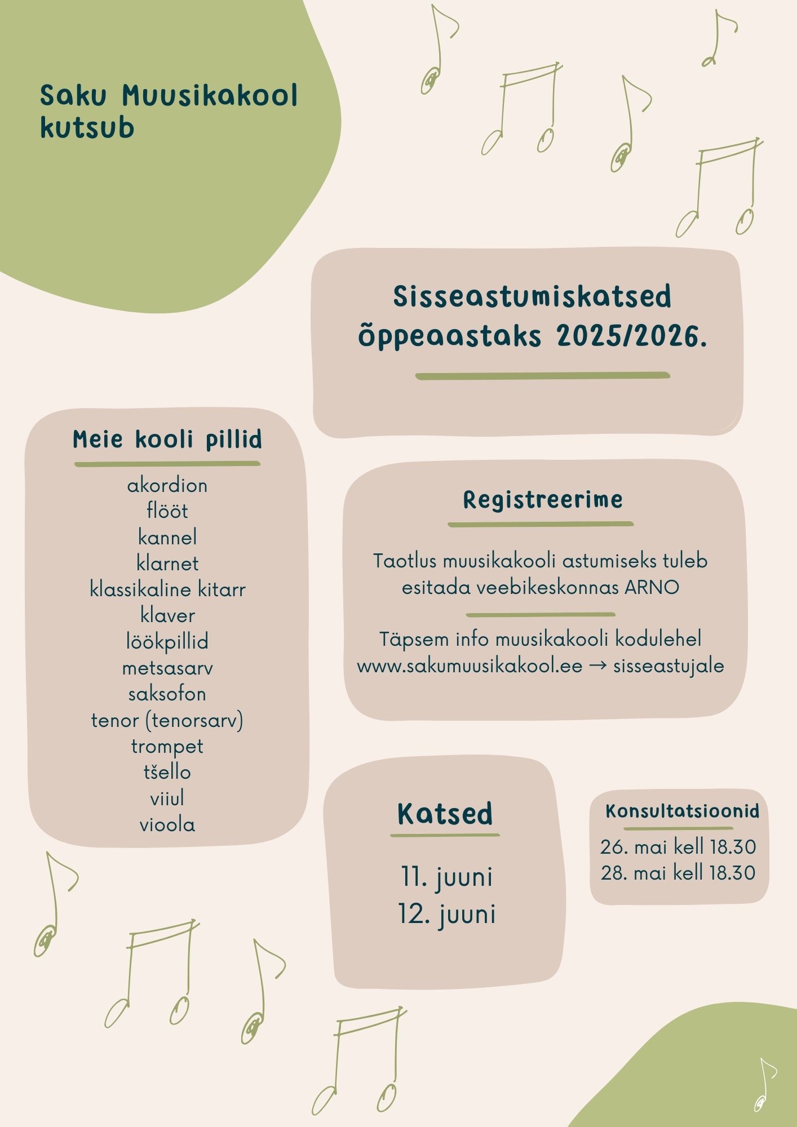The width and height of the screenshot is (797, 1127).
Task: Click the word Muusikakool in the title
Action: coord(210,96)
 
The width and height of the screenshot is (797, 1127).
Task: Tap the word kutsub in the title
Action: coord(87,128)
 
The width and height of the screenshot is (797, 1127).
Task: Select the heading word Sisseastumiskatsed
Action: coord(532,297)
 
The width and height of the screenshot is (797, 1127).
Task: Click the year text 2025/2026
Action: coord(631,336)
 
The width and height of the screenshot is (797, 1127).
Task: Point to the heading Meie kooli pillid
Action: coord(167,440)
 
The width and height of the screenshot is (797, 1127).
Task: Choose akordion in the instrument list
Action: coord(167,485)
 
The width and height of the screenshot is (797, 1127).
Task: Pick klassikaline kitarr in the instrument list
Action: coord(167,589)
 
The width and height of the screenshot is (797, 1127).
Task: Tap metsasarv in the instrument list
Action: coord(167,668)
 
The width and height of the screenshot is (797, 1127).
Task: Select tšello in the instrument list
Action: coord(167,772)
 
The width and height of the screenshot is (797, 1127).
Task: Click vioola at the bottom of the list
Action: coord(167,825)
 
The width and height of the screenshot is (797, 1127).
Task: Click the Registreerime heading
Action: coord(543,500)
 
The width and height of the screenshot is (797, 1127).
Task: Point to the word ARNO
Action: coord(652,587)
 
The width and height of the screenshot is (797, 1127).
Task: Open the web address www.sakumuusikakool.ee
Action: coord(470,666)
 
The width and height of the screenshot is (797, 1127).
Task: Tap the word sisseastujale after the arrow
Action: coord(668,666)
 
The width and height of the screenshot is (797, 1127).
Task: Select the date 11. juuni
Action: coord(446,877)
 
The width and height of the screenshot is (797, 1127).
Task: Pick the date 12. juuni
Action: coord(446,914)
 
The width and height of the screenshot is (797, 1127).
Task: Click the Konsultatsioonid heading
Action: coord(682,811)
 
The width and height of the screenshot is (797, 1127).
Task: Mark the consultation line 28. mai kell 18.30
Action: coord(678,873)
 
